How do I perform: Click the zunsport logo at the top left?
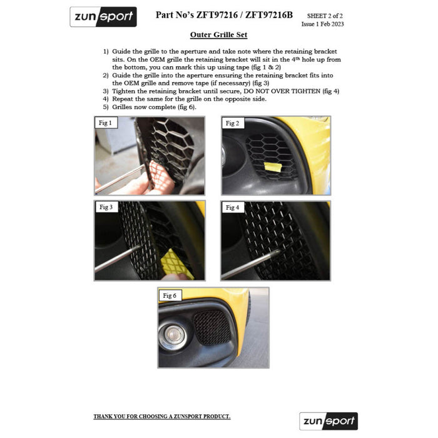coord(103,17)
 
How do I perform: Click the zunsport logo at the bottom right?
coord(328,421)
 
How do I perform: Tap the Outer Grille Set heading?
coord(219,35)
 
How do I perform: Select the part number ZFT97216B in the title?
coord(269,15)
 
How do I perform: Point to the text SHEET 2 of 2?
coord(325,16)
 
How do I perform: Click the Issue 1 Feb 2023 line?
coord(322,24)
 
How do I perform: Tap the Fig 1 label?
coord(105,123)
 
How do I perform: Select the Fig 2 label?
coord(232,123)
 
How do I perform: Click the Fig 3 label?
coord(106,207)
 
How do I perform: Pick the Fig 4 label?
coord(232,208)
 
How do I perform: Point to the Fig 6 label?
coord(170,295)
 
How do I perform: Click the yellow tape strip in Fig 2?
coord(273,167)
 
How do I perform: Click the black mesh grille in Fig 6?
coord(212,327)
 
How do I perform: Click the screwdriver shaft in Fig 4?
coord(251,264)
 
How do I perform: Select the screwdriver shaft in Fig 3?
coord(118,258)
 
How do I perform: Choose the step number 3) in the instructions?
coord(106,91)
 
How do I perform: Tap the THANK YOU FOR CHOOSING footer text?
coord(162,417)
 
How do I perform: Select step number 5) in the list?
coord(106,107)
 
